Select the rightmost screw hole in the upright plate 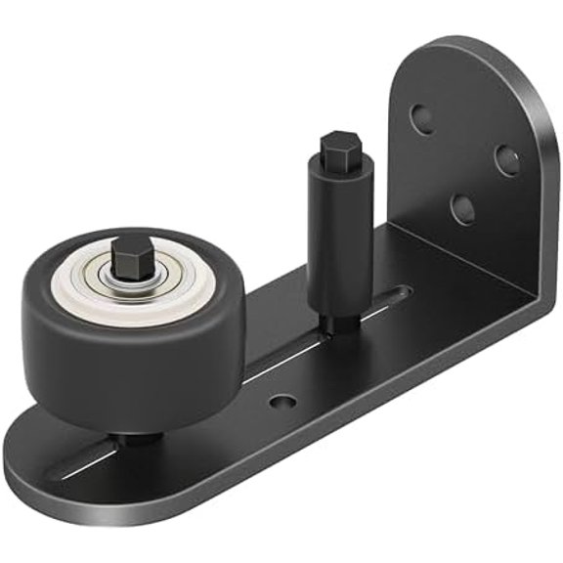coord(505,160)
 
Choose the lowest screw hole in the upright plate coord(463,208)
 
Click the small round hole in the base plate coord(281,402)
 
